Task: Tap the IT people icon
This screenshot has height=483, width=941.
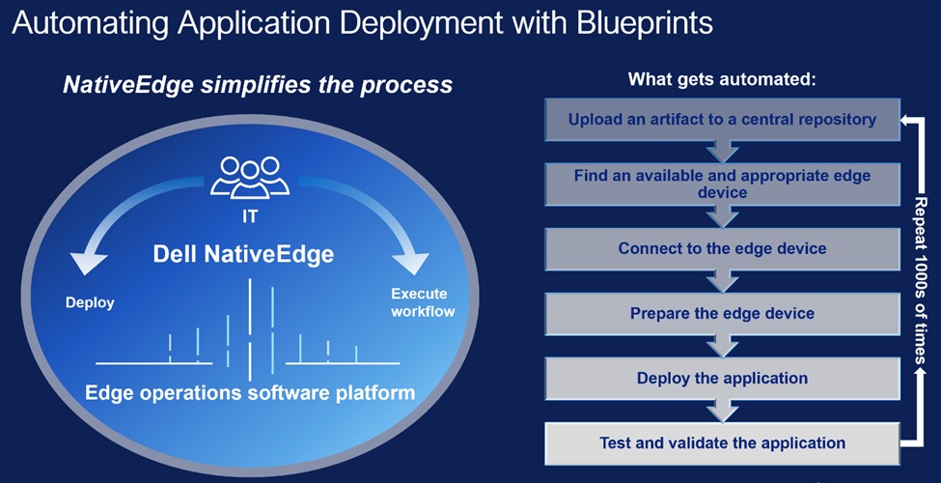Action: (250, 177)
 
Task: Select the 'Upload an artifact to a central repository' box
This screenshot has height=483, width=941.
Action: (722, 120)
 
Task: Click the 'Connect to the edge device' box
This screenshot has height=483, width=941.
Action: (722, 248)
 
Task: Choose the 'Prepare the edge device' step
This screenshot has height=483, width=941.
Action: (722, 313)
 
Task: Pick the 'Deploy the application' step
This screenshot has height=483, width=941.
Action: (722, 378)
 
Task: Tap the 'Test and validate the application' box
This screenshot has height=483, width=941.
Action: (722, 443)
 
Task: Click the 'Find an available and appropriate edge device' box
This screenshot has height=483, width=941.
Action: (722, 185)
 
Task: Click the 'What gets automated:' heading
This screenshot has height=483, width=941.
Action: (723, 79)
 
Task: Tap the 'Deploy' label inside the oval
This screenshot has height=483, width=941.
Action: (90, 302)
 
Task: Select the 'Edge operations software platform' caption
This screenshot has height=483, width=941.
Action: (250, 393)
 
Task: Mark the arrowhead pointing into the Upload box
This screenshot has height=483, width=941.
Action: (904, 120)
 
